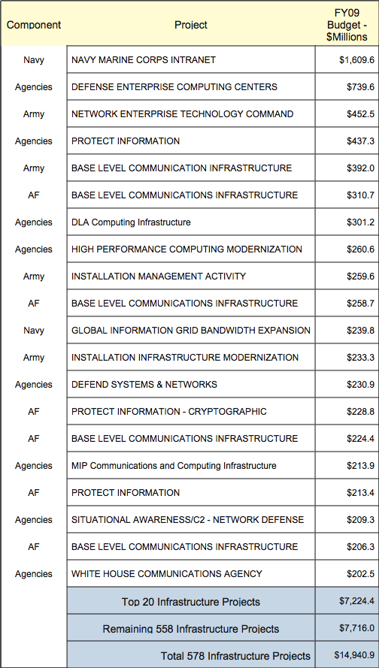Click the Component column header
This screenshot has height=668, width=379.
(x=34, y=25)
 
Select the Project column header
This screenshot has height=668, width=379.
(x=191, y=25)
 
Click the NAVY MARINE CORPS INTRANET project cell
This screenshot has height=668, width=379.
(x=144, y=60)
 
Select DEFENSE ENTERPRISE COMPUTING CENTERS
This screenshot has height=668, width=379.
(x=174, y=87)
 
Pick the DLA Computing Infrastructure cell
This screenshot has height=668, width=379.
(x=131, y=222)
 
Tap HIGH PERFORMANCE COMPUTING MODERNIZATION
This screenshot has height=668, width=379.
(x=186, y=249)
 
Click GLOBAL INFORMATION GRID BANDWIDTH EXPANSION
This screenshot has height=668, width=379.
(x=191, y=331)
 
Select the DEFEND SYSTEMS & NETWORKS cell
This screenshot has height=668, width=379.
(x=144, y=385)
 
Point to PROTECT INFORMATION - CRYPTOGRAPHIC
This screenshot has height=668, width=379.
(x=169, y=412)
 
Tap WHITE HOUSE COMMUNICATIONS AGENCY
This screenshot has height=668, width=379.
(x=167, y=574)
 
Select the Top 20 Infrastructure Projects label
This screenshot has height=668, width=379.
(x=191, y=601)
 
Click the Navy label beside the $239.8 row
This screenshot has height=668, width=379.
(x=34, y=331)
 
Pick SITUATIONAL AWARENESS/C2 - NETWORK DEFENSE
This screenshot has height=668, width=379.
(x=188, y=520)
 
